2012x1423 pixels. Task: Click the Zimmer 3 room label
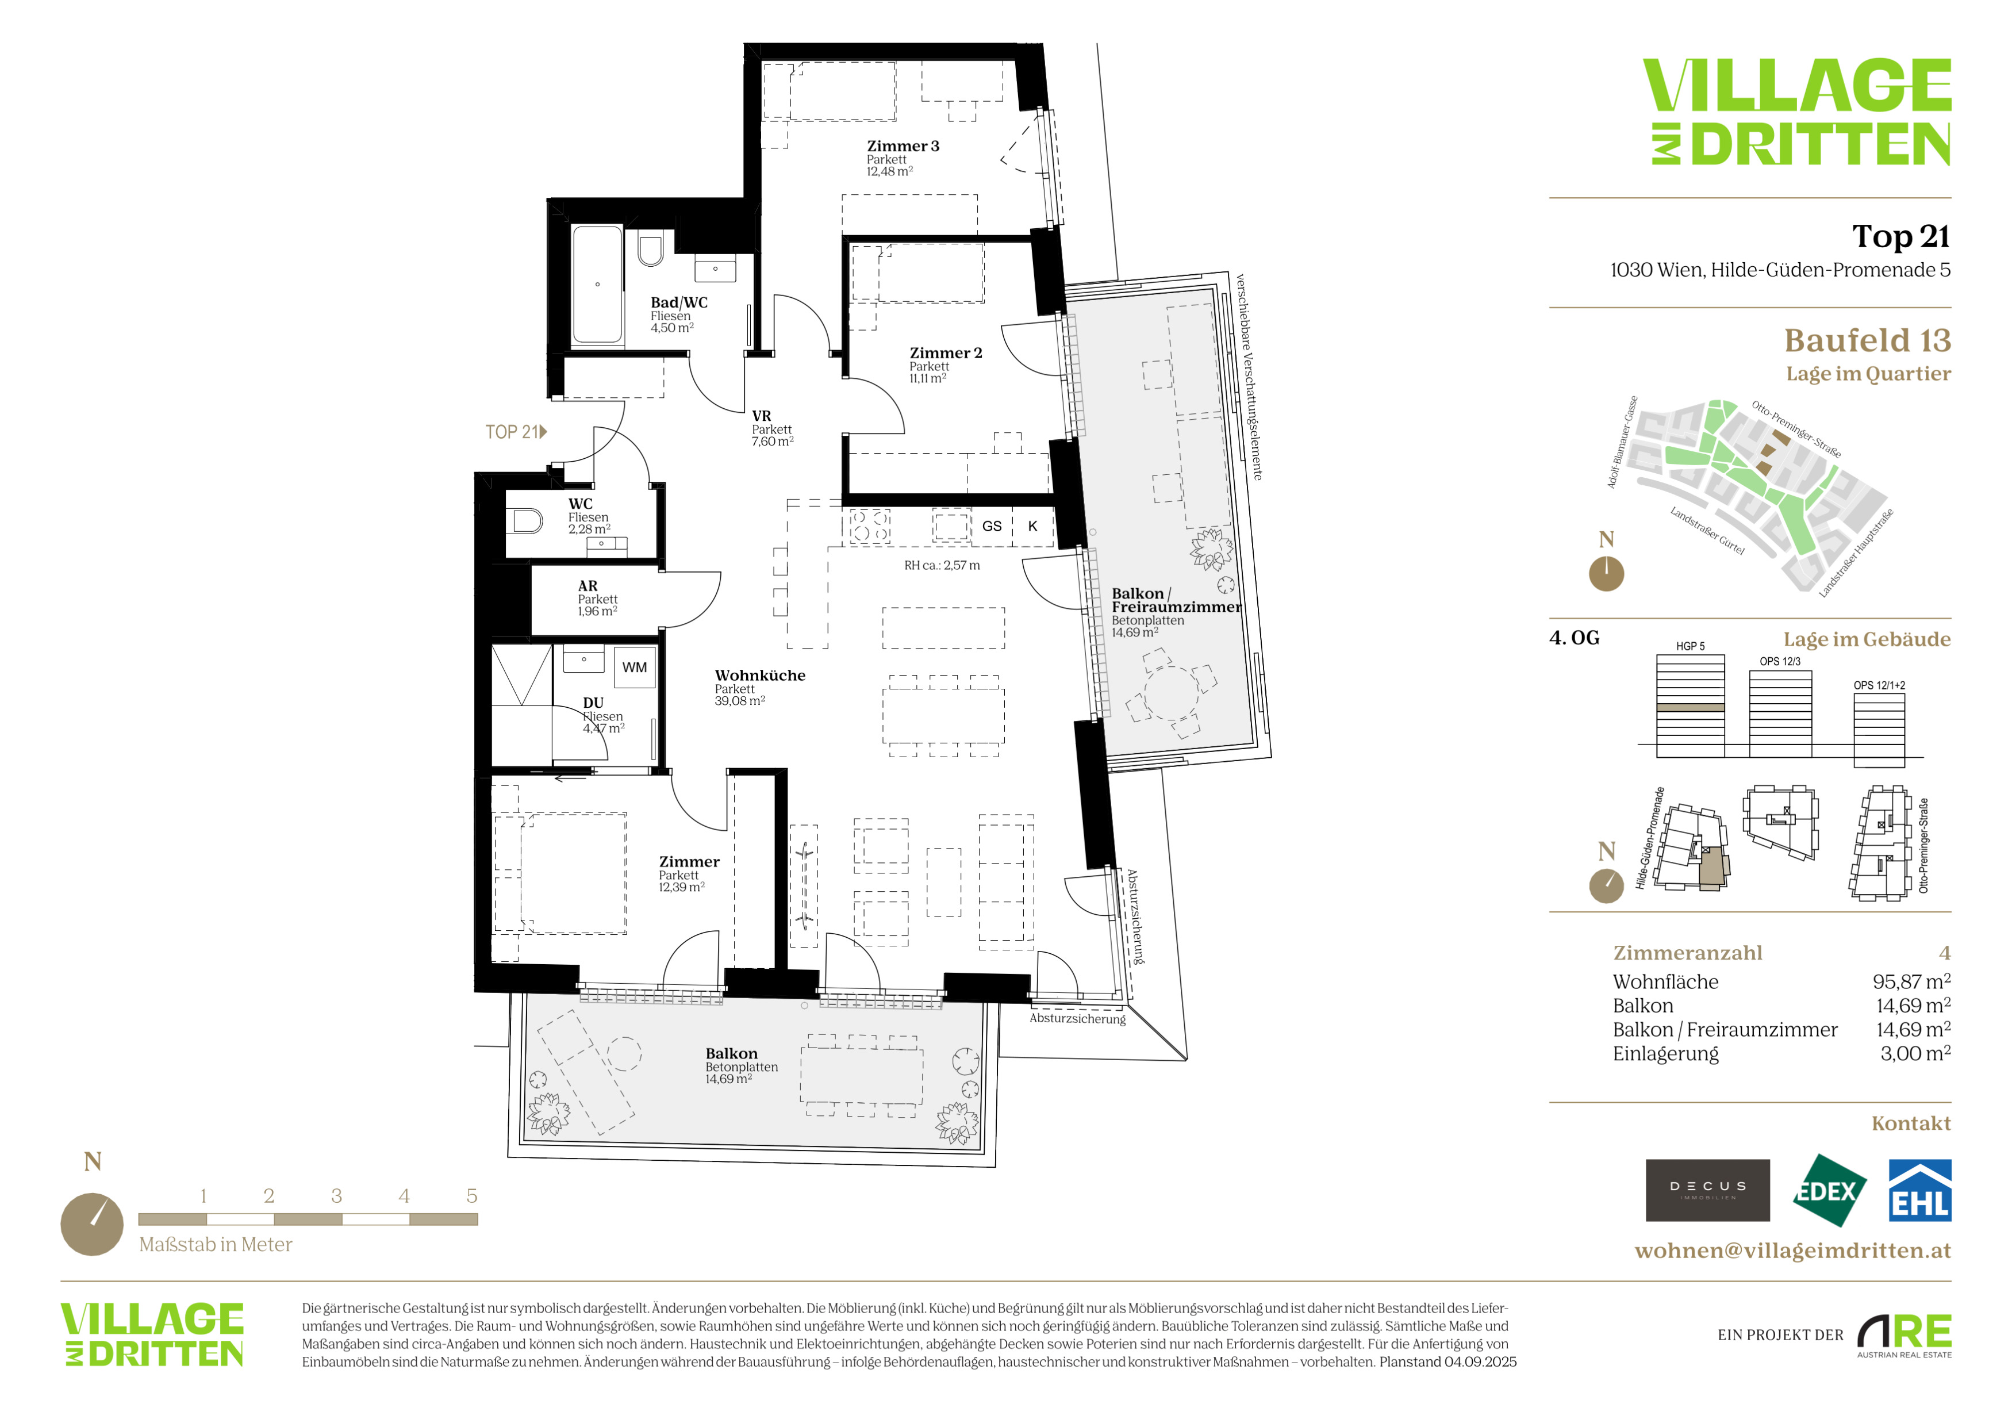tap(903, 147)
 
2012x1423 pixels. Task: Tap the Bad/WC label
tap(678, 302)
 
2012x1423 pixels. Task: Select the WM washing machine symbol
tap(635, 668)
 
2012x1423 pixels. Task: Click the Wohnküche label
tap(760, 676)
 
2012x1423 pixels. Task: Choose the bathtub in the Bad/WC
tap(598, 285)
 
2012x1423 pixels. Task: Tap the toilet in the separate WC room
tap(526, 521)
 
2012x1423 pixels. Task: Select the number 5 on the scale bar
tap(471, 1196)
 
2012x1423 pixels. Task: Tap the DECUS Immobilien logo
tap(1707, 1190)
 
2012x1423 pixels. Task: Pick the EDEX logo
tap(1829, 1190)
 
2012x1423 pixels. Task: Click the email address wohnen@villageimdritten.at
tap(1793, 1251)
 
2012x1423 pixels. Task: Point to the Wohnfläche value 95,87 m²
tap(1911, 981)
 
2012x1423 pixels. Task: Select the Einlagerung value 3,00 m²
tap(1915, 1053)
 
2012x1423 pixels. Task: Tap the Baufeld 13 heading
tap(1867, 340)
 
